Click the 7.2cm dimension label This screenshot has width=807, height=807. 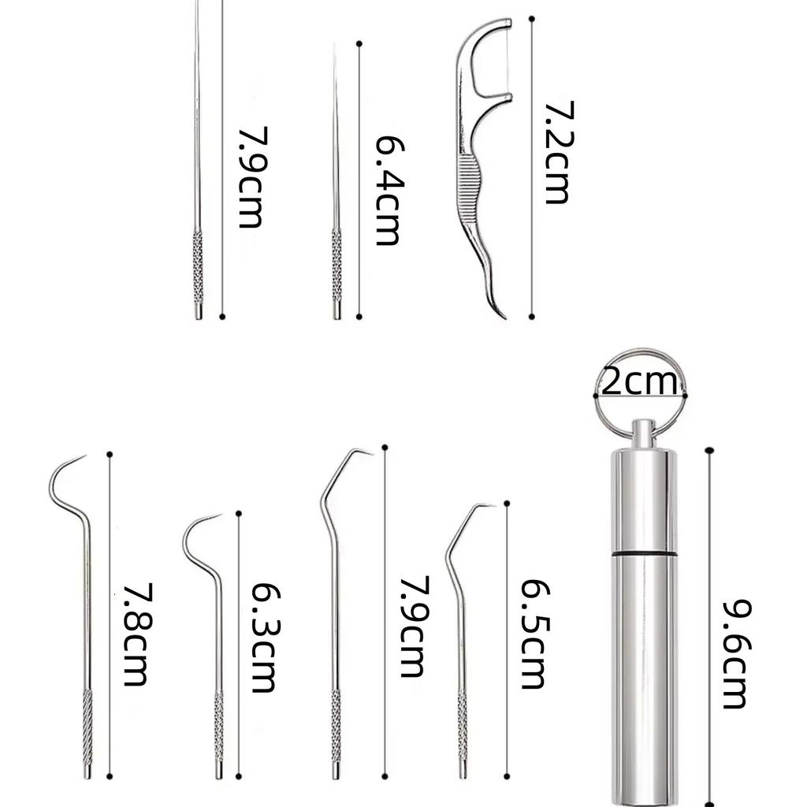[x=557, y=152]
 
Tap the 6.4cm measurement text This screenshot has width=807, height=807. [x=386, y=190]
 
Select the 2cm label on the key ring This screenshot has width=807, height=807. [x=639, y=383]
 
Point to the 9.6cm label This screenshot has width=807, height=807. [x=736, y=653]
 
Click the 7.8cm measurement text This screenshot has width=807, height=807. [x=136, y=634]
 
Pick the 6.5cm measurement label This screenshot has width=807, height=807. [x=534, y=634]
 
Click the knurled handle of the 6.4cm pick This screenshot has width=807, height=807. [x=337, y=268]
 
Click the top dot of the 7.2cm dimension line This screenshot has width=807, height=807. [x=532, y=18]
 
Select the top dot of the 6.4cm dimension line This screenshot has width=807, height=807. [x=359, y=43]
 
